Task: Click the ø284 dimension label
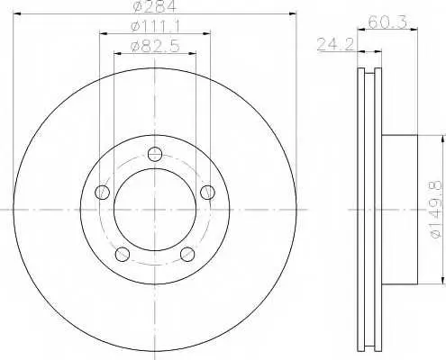[154, 6]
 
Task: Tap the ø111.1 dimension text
[155, 26]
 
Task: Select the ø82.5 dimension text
[155, 46]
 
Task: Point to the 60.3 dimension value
[387, 22]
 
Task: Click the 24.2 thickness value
[335, 44]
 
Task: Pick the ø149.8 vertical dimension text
[436, 210]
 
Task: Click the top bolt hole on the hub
[155, 154]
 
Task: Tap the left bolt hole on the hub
[102, 192]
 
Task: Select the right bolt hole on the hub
[207, 192]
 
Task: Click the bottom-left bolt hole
[123, 254]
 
